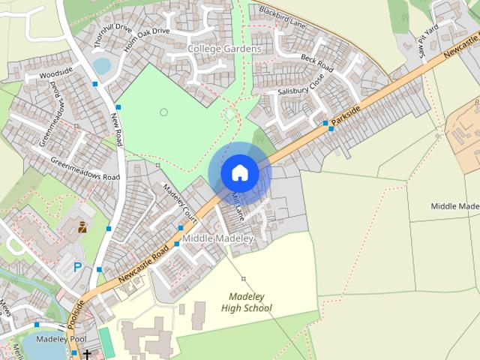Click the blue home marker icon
coord(239,172)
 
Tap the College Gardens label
coord(224,49)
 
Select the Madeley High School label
coord(247,302)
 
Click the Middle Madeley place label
coord(218,238)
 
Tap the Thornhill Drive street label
coord(113,34)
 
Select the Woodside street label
coord(55,75)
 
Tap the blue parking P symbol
coord(77,266)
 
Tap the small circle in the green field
coord(163,112)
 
